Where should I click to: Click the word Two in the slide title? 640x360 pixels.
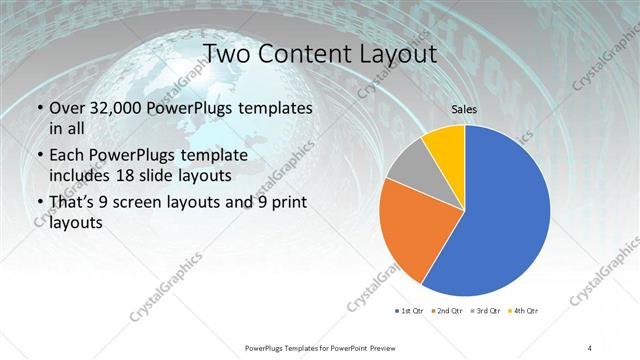tap(228, 53)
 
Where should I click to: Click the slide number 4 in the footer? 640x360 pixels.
tap(590, 347)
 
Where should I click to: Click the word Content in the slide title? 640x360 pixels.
tap(303, 53)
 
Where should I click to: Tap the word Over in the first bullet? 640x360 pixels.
tap(66, 108)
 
